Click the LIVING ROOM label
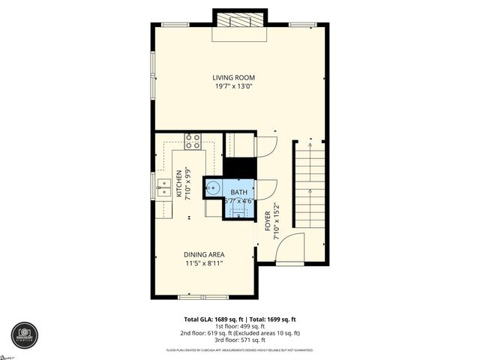pos(234,77)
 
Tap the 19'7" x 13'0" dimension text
pos(234,86)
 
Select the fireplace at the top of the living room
pos(239,20)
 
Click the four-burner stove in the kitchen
pos(193,141)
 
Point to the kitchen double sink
pos(162,187)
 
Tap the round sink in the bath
pos(213,187)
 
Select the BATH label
pos(238,192)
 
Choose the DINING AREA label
pos(205,255)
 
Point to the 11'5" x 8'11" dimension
pos(205,264)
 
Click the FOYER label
pos(268,220)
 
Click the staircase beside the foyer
pos(309,187)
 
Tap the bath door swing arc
pos(266,189)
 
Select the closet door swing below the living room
pos(266,145)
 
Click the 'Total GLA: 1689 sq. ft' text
pos(211,319)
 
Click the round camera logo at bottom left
pos(25,335)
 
